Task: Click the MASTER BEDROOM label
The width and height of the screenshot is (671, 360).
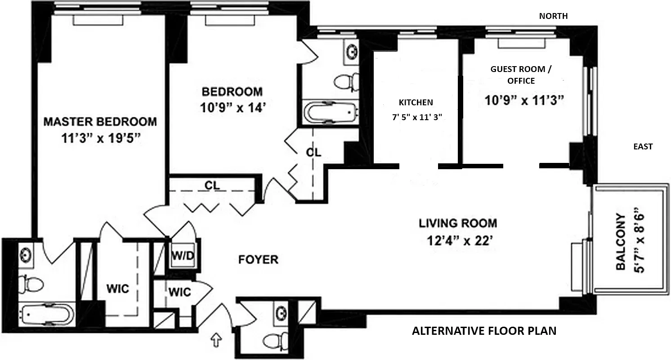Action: (100, 121)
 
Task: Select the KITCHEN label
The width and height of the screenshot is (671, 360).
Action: (416, 103)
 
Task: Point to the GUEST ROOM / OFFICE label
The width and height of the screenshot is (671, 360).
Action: (513, 75)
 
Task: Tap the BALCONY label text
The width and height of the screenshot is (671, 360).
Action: (621, 242)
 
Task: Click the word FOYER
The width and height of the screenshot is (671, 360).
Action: (258, 260)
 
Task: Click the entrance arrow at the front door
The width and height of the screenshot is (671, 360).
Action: (217, 340)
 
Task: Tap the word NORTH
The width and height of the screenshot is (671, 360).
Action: (553, 16)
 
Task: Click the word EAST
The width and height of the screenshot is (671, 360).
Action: (643, 147)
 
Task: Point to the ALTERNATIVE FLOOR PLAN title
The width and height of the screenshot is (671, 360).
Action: (484, 331)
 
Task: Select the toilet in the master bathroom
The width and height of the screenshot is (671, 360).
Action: (31, 283)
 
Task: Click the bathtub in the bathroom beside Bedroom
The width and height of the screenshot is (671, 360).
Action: (331, 112)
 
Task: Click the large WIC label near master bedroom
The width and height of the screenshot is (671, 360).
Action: (118, 288)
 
